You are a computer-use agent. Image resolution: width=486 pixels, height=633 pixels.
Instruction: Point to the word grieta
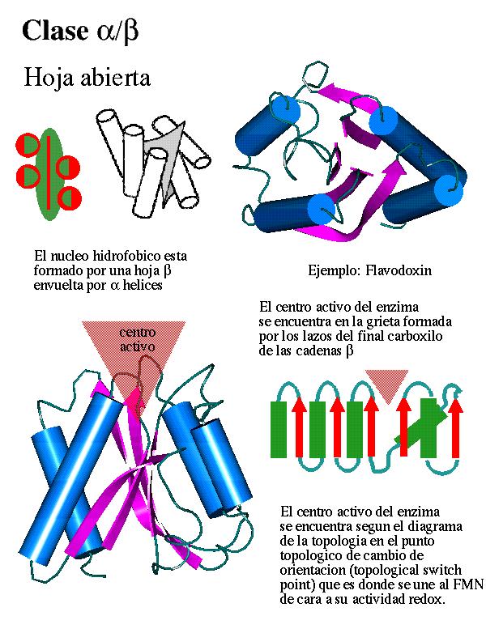click(392, 322)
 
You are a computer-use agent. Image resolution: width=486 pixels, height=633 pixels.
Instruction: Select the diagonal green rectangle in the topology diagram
click(420, 427)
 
